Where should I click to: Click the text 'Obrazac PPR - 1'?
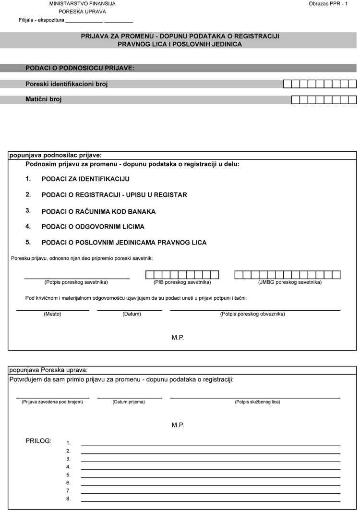pos(328,4)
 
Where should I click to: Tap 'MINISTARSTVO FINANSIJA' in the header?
pos(83,4)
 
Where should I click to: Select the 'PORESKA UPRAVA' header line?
pos(83,12)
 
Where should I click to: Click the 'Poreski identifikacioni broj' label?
pos(66,84)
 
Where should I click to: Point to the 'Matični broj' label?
pos(44,99)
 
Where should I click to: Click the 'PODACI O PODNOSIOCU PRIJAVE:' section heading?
pos(80,68)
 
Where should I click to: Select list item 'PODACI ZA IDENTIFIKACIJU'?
pos(85,179)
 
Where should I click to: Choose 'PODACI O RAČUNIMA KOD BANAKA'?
pos(98,211)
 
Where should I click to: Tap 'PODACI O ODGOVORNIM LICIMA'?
pos(93,227)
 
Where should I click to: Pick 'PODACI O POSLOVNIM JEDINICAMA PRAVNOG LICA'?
pos(124,243)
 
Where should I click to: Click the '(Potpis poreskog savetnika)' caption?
pos(76,282)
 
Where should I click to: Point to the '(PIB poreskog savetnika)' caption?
pos(182,282)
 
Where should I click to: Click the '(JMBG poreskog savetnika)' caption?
pos(290,282)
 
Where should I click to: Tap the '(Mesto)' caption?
pos(52,314)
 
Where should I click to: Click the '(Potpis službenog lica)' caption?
pos(257,402)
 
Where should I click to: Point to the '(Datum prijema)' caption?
pos(129,402)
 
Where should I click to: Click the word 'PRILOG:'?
pos(38,440)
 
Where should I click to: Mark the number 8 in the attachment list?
pos(69,499)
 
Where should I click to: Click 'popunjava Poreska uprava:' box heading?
pos(48,370)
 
